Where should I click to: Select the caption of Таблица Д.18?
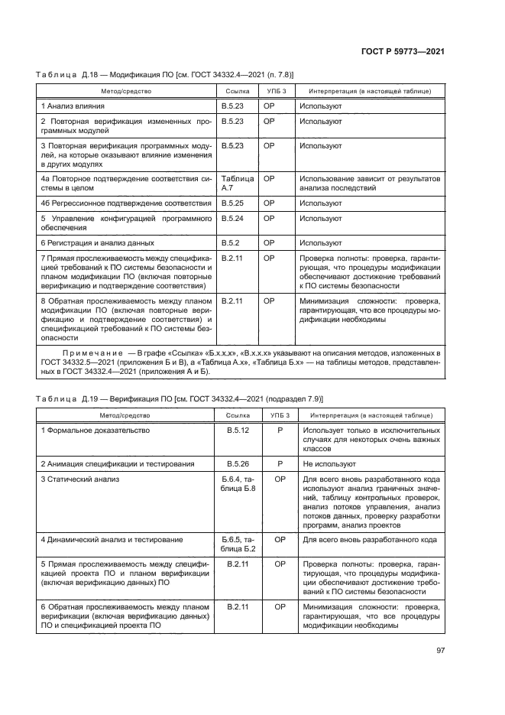point(165,73)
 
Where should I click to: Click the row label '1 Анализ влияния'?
point(73,106)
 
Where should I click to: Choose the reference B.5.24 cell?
point(231,218)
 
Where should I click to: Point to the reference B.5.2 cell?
point(230,242)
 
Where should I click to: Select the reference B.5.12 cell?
point(238,431)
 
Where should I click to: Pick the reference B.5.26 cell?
point(238,463)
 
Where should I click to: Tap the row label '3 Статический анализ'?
point(79,479)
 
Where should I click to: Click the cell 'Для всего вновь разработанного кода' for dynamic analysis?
point(370,539)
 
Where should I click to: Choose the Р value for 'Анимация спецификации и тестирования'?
point(280,463)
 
